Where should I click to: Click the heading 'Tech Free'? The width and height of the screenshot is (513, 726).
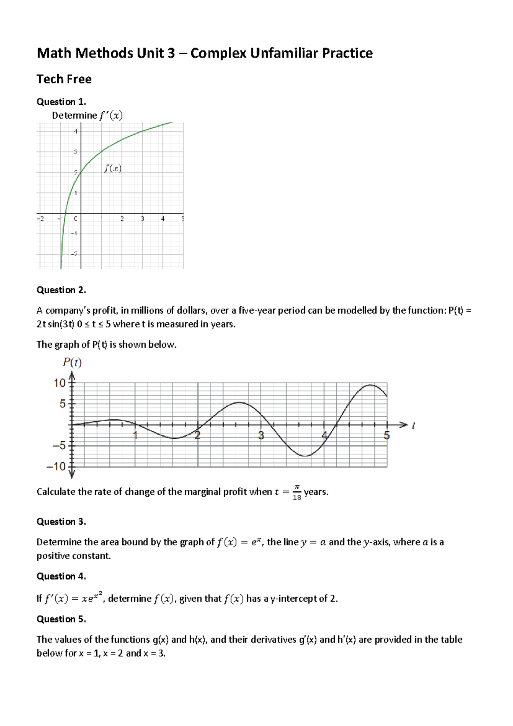tap(64, 79)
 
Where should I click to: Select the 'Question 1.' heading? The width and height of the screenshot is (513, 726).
tap(61, 102)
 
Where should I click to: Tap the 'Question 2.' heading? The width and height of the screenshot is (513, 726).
tap(61, 290)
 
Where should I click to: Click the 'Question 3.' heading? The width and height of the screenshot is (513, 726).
tap(61, 522)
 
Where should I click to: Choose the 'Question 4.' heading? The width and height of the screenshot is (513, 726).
tap(61, 577)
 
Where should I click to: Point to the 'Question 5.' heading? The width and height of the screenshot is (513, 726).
tap(61, 619)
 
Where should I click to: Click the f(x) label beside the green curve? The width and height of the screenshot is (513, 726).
tap(113, 169)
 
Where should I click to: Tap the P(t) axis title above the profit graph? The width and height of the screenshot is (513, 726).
tap(72, 363)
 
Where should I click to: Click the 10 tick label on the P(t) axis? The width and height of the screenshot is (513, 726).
tap(59, 383)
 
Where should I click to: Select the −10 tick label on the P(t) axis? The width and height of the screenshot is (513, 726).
tap(57, 467)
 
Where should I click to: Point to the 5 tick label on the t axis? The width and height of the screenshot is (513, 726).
tap(386, 436)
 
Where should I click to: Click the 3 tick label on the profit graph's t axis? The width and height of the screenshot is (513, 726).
tap(261, 436)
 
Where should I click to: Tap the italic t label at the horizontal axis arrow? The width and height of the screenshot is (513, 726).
tap(413, 426)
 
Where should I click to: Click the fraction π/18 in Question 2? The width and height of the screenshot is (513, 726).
tap(297, 492)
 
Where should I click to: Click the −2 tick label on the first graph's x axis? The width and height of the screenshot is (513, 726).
tap(40, 219)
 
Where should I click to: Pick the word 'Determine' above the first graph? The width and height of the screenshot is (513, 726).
tap(74, 116)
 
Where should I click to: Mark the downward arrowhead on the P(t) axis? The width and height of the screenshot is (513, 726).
tap(72, 474)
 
